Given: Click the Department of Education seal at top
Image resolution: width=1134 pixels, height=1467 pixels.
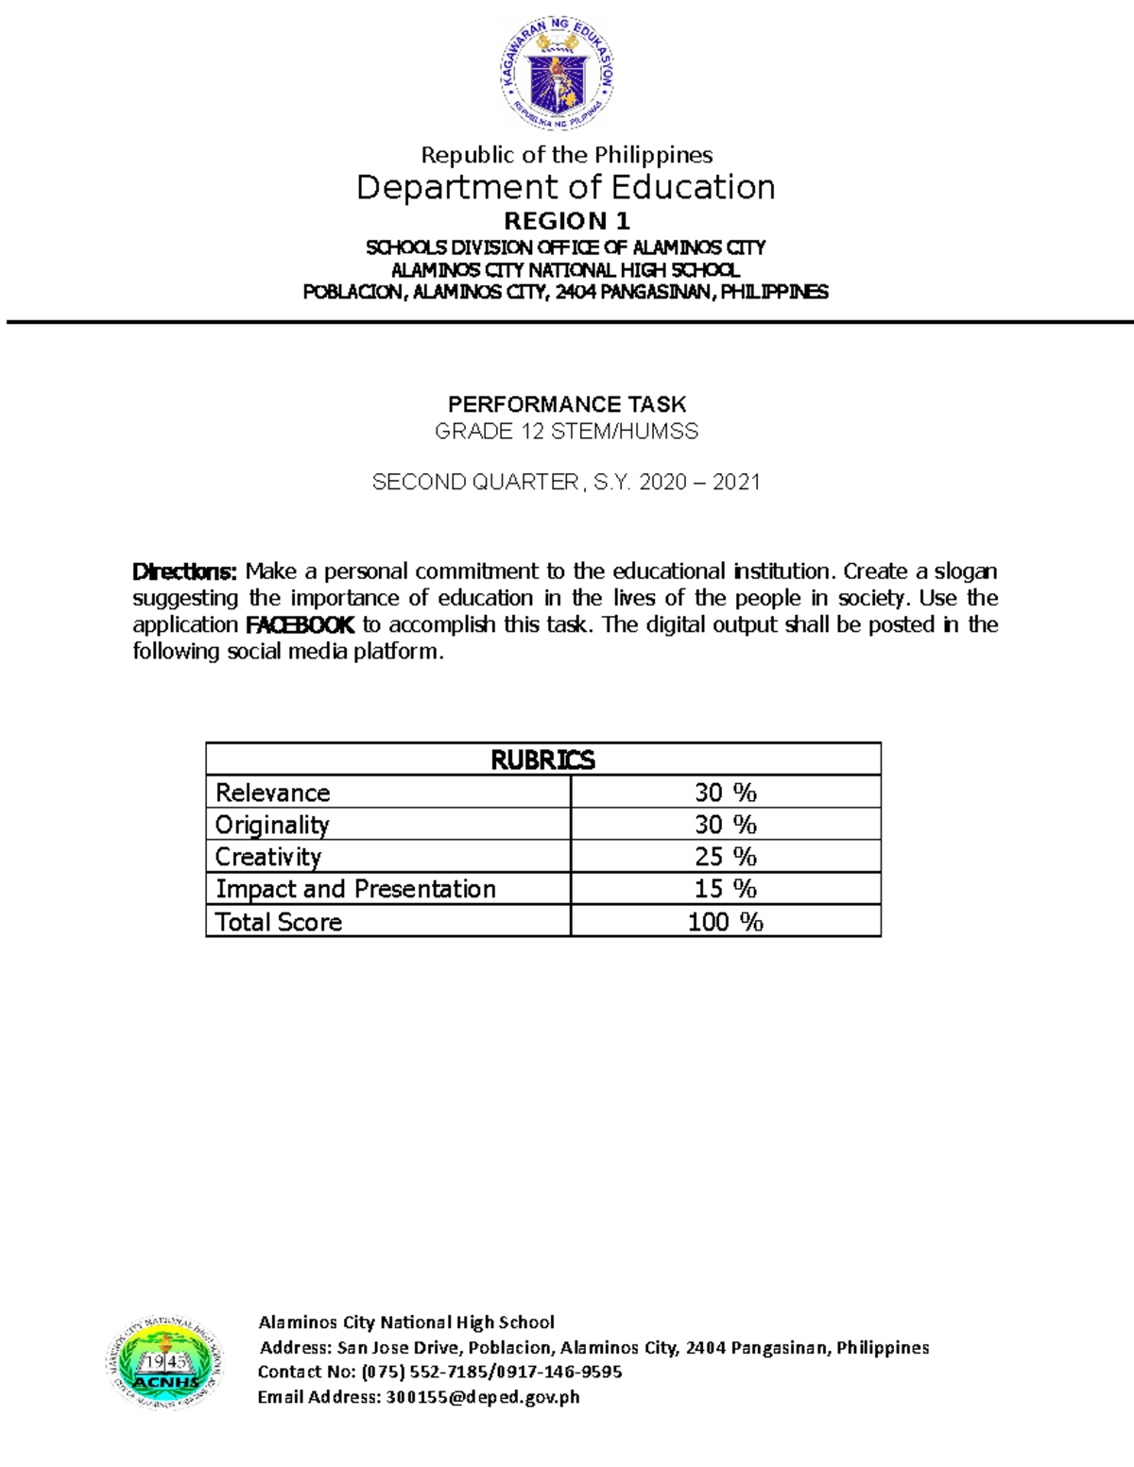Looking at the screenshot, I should [558, 74].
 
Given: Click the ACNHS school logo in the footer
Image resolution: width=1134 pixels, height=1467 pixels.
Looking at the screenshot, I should [164, 1363].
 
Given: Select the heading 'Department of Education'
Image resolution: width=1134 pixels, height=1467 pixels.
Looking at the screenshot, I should [565, 187].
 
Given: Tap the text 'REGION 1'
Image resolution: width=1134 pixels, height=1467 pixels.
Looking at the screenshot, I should [566, 221].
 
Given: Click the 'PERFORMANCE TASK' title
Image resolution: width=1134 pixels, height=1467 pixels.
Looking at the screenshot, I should [566, 404].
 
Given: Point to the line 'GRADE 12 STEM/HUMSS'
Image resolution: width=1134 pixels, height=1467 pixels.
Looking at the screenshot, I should [566, 432].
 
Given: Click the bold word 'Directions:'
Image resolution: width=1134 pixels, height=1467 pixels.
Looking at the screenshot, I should [184, 571].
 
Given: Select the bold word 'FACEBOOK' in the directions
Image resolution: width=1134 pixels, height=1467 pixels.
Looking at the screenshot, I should [300, 624].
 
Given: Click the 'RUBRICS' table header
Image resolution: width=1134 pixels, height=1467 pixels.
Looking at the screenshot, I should [542, 759].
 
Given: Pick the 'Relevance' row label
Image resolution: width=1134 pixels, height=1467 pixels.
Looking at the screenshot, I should [273, 793].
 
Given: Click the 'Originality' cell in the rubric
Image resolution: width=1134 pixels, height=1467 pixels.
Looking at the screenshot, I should [272, 825].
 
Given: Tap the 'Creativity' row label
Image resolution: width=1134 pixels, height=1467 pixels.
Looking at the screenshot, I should [268, 857].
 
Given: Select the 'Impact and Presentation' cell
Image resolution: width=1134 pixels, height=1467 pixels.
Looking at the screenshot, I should [355, 889].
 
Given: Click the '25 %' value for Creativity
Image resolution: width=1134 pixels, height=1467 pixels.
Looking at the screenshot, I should [725, 857].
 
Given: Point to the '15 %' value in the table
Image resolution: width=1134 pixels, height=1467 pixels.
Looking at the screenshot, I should [725, 889].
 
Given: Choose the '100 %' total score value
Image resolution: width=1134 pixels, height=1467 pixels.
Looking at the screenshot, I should [725, 922].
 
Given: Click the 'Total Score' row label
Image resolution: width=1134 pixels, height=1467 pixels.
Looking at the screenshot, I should [279, 922].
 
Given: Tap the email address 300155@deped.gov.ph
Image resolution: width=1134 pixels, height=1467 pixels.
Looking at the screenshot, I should [483, 1397].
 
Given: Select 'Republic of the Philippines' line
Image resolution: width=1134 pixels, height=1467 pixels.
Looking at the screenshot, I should [566, 155].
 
